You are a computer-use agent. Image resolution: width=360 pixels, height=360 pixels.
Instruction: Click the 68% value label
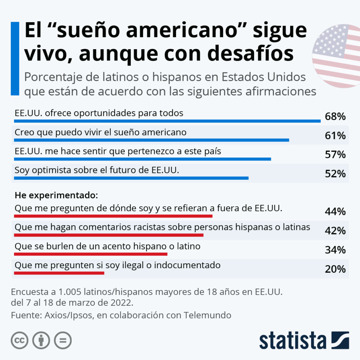[335, 117]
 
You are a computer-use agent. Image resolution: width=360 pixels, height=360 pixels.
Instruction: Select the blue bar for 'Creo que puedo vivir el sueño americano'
[151, 140]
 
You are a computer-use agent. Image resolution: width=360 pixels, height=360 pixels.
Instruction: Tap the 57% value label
[335, 155]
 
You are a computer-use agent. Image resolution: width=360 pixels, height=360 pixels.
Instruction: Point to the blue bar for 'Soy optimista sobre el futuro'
[131, 178]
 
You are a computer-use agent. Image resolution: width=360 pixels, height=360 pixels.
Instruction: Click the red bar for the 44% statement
[113, 216]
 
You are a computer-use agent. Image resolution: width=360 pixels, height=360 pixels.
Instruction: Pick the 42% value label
[335, 231]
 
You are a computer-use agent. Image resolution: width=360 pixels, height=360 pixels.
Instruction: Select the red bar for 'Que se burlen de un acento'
[91, 254]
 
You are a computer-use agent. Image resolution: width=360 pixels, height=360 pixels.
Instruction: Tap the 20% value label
[335, 269]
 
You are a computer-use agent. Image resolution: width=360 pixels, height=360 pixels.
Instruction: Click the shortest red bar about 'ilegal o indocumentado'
[59, 273]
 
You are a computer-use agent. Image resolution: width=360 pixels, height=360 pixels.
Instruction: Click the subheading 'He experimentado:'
[56, 194]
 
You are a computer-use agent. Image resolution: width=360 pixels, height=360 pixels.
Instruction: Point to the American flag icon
[336, 56]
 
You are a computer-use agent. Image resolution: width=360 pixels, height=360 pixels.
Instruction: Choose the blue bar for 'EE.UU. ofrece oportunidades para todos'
[167, 121]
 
